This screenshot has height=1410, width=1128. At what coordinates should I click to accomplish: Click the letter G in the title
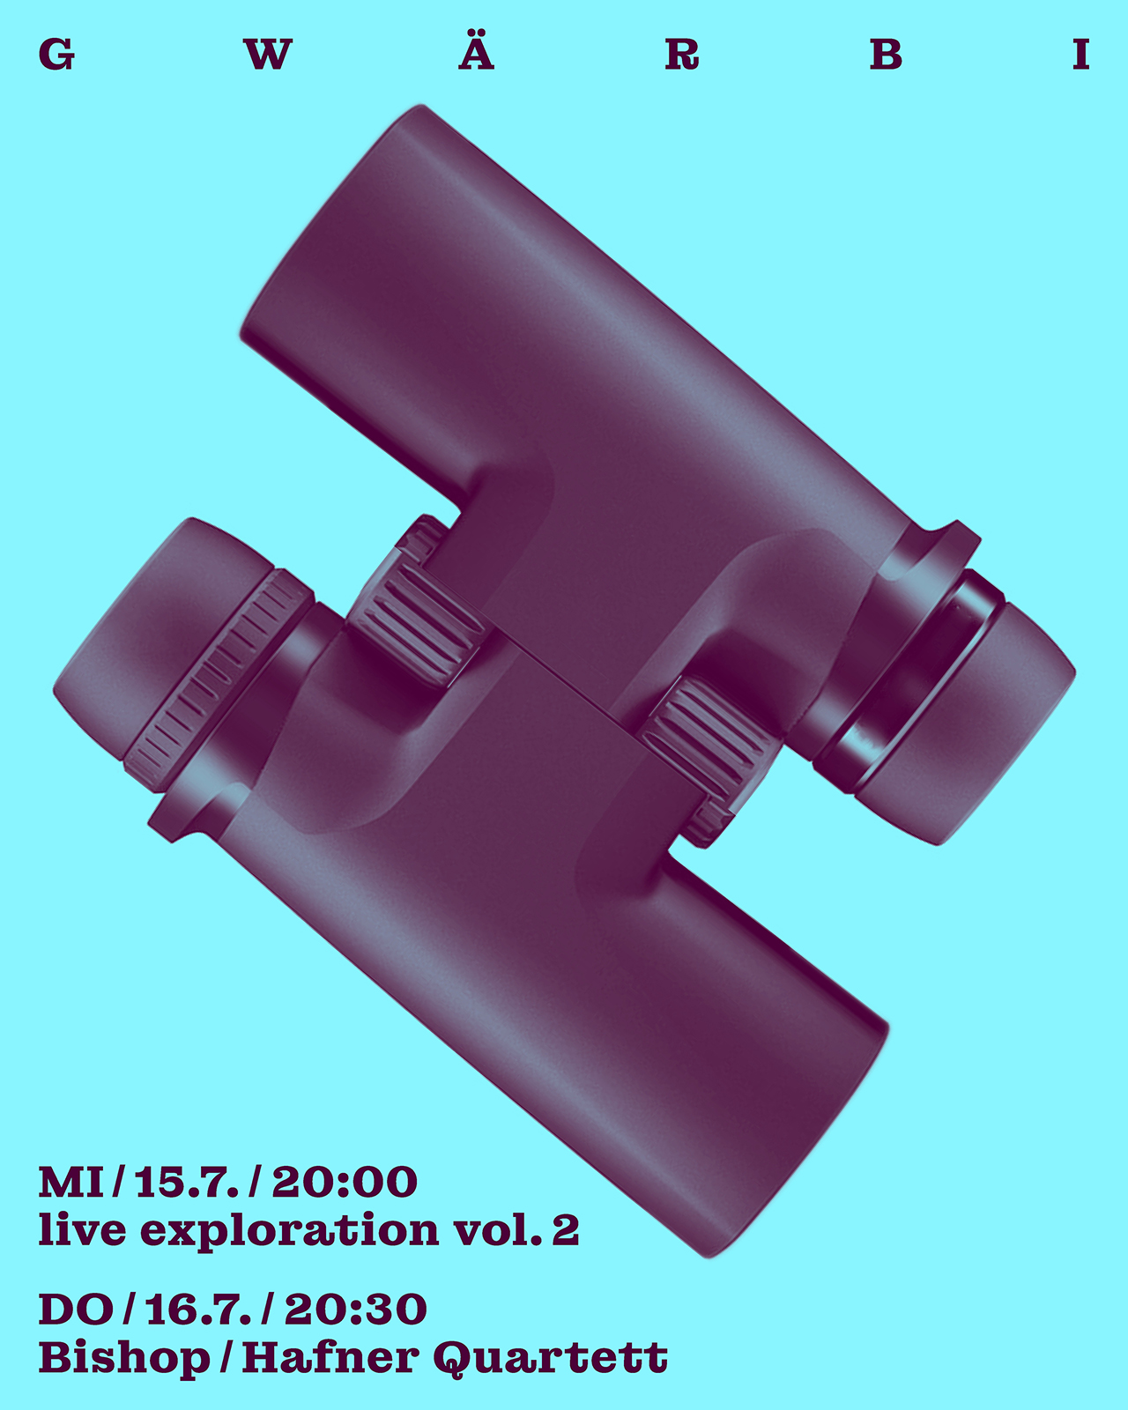(57, 55)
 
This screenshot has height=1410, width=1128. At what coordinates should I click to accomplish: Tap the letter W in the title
(267, 55)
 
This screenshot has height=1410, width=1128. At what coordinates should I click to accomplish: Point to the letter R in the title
(682, 55)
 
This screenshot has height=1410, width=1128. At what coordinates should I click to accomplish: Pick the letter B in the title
(887, 55)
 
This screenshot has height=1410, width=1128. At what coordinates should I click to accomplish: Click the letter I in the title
(1081, 55)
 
